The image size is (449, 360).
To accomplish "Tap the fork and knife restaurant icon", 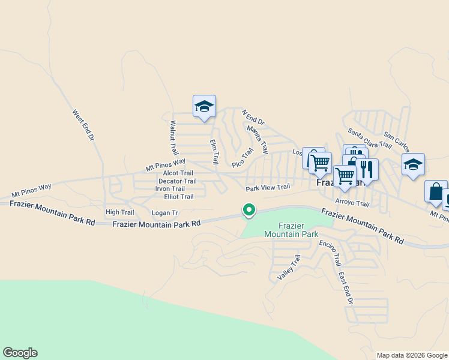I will (367, 169).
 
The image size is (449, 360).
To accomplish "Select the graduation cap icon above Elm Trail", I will (204, 107).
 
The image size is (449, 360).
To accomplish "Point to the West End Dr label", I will (84, 125).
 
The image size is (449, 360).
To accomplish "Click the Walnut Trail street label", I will (174, 138).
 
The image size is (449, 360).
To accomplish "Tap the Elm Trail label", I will (213, 151).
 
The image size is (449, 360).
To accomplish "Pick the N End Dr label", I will (253, 117).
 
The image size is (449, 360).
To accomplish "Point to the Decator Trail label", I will (177, 181).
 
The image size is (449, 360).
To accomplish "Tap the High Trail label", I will (119, 212).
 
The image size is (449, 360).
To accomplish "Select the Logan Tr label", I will (165, 212).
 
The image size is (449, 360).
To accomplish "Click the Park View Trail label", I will (268, 187).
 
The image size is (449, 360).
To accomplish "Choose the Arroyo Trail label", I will (352, 203).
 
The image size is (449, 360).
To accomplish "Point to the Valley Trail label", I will (289, 268).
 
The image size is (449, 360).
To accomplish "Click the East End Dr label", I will (345, 287).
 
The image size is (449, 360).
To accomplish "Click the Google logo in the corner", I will (20, 353).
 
